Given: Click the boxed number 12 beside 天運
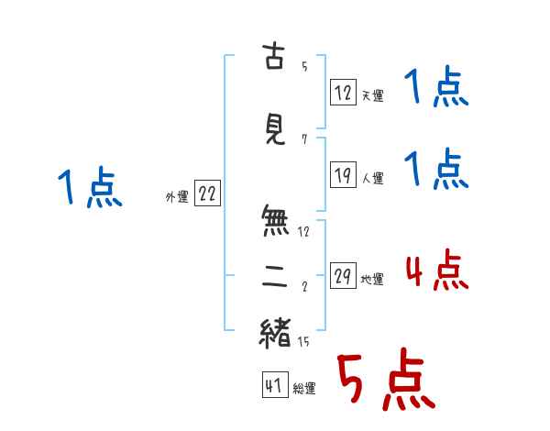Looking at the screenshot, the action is coord(343,92).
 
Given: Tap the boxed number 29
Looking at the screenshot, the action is coord(343,277).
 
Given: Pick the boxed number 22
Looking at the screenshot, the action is coord(207,194).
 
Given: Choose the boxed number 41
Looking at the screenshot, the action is coord(273,386).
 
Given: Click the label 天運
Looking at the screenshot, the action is coord(372,94).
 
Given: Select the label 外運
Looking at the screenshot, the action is coord(176,196).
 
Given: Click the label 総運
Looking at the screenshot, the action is coord(304,389).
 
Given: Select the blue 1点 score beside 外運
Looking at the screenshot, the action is coord(90,188).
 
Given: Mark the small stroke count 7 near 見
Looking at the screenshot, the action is coord(303,139).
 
